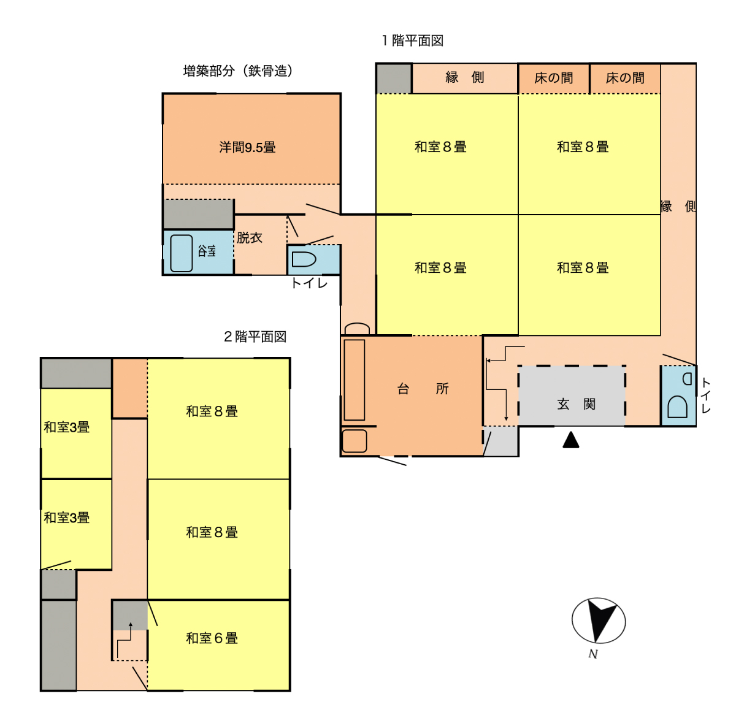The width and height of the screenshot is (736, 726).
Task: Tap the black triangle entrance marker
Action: point(571,440)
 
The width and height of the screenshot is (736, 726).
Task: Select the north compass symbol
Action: point(599,621)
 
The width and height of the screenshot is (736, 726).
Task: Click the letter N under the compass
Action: point(592,654)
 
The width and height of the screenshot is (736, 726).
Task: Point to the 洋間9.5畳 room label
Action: point(247,147)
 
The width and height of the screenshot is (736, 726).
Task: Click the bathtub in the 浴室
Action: point(182,253)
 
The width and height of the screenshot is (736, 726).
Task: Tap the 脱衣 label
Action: point(250,237)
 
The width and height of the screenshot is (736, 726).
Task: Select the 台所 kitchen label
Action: point(423,389)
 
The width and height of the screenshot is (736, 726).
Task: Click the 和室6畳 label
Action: point(212,638)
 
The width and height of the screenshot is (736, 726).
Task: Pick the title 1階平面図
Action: point(413,40)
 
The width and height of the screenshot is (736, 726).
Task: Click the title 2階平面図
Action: point(255,337)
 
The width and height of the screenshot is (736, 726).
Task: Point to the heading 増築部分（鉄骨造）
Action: point(238,71)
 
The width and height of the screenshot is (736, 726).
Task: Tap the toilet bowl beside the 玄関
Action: point(678,407)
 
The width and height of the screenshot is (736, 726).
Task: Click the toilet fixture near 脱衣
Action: point(304,260)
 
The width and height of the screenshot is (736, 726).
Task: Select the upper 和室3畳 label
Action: point(67,427)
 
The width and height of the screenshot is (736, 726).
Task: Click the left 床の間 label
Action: point(553,78)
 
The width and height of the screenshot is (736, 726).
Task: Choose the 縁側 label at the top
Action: point(465,77)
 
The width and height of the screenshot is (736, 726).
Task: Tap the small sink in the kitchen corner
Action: point(355,441)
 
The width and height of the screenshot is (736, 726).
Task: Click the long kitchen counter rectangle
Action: point(355,380)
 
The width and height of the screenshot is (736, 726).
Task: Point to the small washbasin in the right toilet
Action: point(687,379)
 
